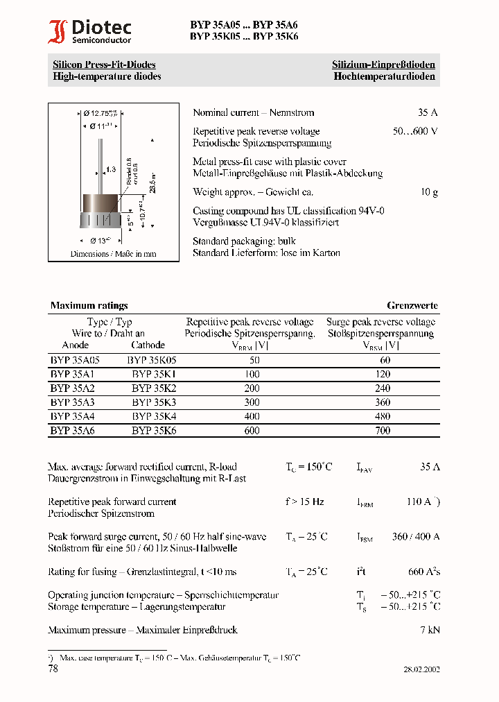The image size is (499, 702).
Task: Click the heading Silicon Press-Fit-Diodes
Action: [104, 65]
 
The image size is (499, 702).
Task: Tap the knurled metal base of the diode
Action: [101, 221]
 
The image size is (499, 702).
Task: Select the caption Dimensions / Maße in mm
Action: [113, 254]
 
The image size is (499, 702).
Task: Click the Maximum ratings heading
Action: [89, 305]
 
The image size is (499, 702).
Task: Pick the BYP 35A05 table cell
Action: [75, 361]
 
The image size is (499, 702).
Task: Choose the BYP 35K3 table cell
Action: [154, 402]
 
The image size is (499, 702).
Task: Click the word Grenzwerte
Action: [412, 305]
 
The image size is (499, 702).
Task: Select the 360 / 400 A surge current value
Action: [416, 536]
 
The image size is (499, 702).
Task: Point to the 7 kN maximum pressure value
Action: [430, 630]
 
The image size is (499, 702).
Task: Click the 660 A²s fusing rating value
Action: [423, 572]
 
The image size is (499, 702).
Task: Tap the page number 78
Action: [53, 669]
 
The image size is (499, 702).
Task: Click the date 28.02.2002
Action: [421, 669]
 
